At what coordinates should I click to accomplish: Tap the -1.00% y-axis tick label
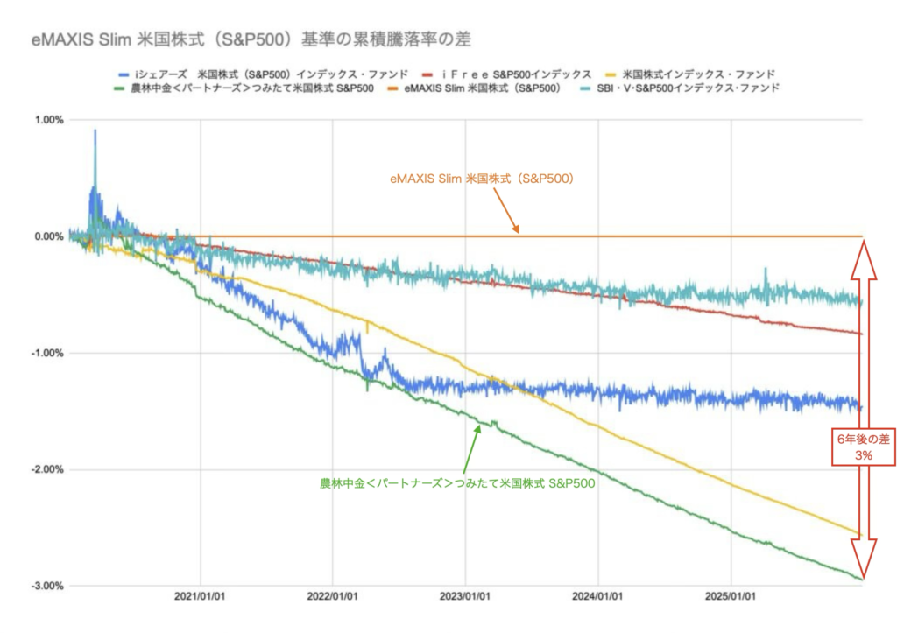point(46,353)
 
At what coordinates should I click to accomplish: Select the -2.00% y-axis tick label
point(46,469)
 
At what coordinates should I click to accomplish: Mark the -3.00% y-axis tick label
point(46,586)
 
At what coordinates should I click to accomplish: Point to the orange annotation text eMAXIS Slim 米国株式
point(481,178)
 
